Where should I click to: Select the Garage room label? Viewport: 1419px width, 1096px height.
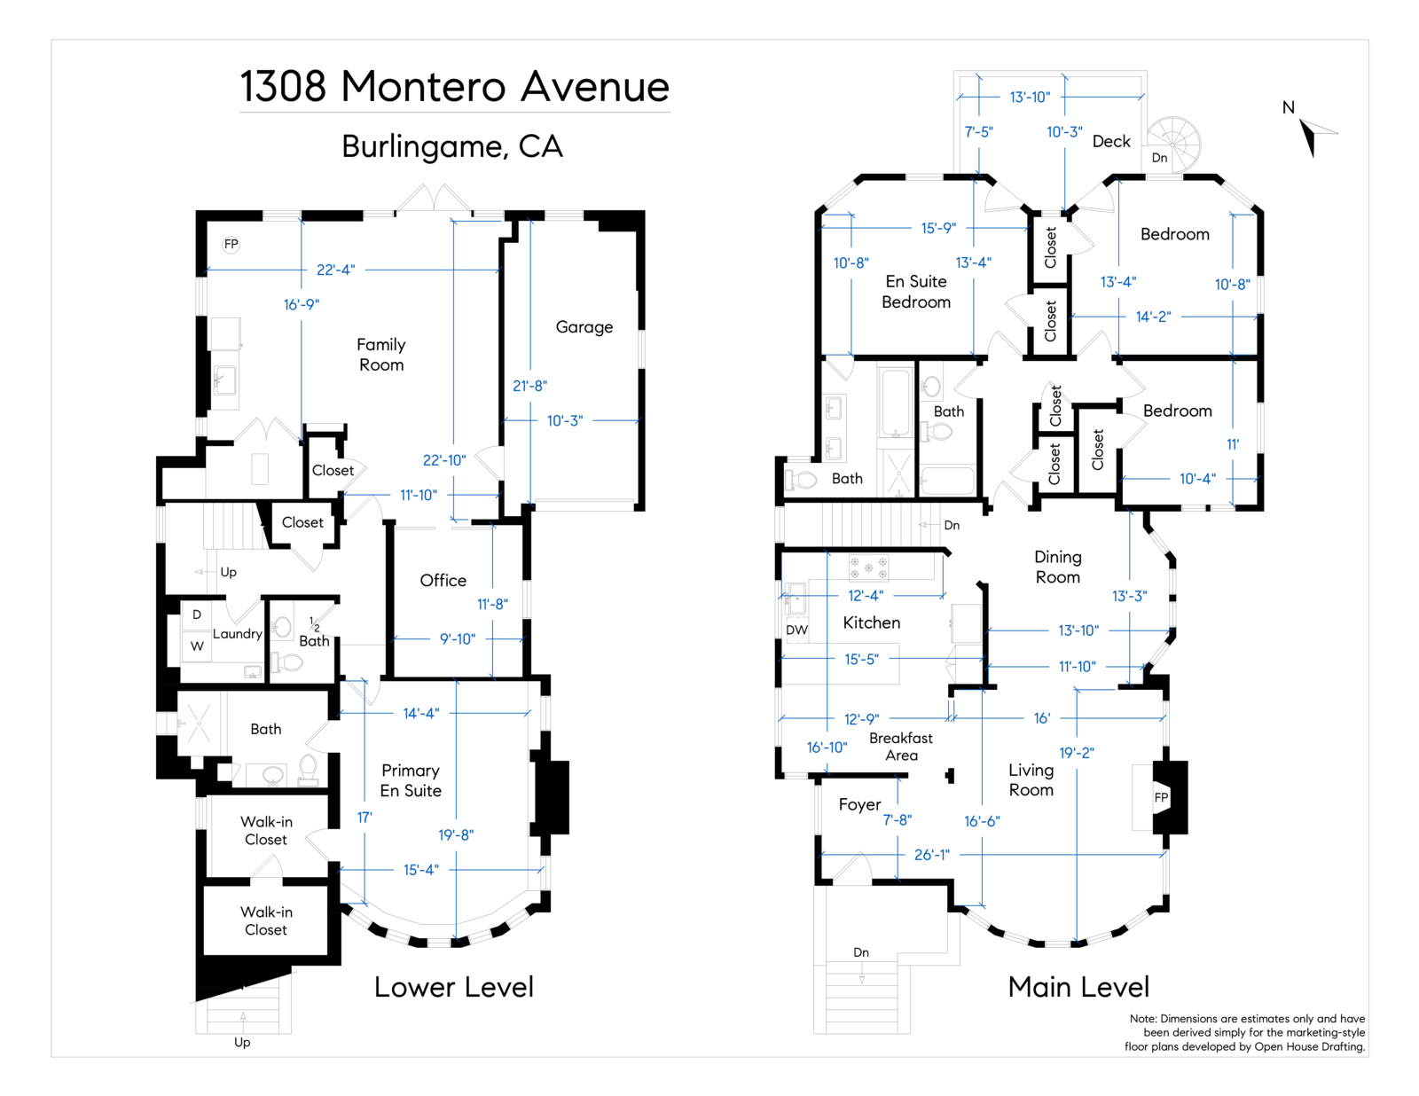click(584, 327)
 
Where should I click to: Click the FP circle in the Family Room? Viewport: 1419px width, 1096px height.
click(231, 245)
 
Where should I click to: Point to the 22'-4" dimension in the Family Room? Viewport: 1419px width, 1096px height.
click(335, 270)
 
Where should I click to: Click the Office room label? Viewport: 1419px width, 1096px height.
click(443, 581)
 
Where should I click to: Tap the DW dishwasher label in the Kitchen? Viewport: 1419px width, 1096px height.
click(796, 630)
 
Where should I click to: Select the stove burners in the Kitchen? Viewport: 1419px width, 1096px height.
click(868, 568)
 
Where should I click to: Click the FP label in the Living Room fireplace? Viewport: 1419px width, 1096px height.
click(1161, 798)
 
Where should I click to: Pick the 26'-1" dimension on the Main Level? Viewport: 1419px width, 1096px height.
click(931, 855)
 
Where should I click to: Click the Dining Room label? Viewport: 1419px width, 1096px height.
click(1057, 567)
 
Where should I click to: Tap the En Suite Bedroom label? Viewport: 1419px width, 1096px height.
click(916, 292)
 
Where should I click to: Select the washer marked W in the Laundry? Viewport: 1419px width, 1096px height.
click(197, 646)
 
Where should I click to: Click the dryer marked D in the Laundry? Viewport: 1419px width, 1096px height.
click(197, 615)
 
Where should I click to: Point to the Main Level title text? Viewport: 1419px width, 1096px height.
click(1078, 987)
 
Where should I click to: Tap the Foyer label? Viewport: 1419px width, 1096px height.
click(859, 805)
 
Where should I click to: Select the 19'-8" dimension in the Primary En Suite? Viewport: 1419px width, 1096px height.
click(456, 835)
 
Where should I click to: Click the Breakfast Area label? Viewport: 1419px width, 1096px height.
click(900, 747)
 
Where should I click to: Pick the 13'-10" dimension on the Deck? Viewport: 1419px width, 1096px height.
click(1029, 97)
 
